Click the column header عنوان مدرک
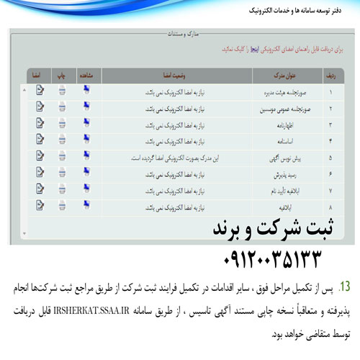[265, 74]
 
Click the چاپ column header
[63, 74]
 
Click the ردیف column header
[330, 74]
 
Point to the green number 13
[345, 287]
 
